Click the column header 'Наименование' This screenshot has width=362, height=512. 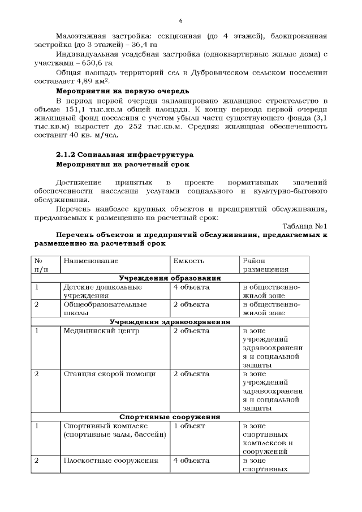point(91,261)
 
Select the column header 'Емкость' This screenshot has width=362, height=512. point(188,261)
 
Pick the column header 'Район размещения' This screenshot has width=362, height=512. point(266,265)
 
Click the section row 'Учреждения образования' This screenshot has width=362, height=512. point(169,278)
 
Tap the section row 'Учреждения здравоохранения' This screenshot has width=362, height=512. point(169,322)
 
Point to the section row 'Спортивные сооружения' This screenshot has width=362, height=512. point(169,417)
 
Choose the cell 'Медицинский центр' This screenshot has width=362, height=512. point(101,331)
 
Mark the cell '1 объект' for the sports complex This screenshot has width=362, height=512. point(189,425)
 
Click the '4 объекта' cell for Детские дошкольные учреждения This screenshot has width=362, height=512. point(191,287)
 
